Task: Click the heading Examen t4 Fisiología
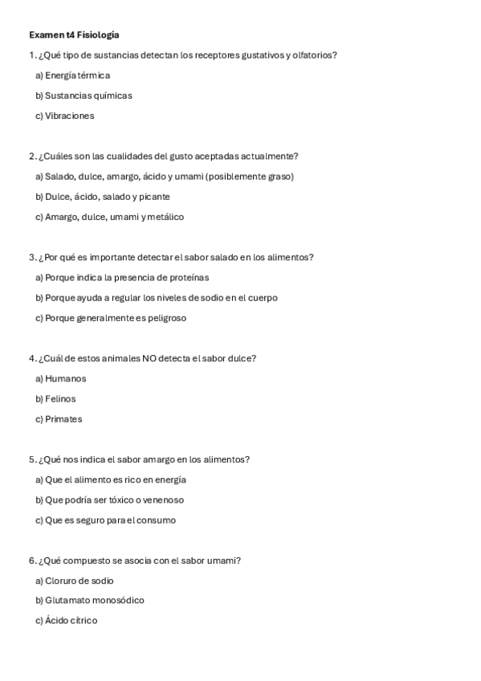click(x=74, y=35)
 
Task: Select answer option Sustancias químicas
click(x=84, y=96)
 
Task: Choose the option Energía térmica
click(x=72, y=75)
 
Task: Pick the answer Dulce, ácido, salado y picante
click(x=103, y=197)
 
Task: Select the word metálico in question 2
click(x=166, y=217)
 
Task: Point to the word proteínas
click(x=189, y=277)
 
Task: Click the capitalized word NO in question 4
click(x=149, y=358)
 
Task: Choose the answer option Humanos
click(x=61, y=378)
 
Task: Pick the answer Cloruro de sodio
click(x=75, y=581)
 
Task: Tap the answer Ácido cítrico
click(x=67, y=621)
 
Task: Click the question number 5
click(x=31, y=459)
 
